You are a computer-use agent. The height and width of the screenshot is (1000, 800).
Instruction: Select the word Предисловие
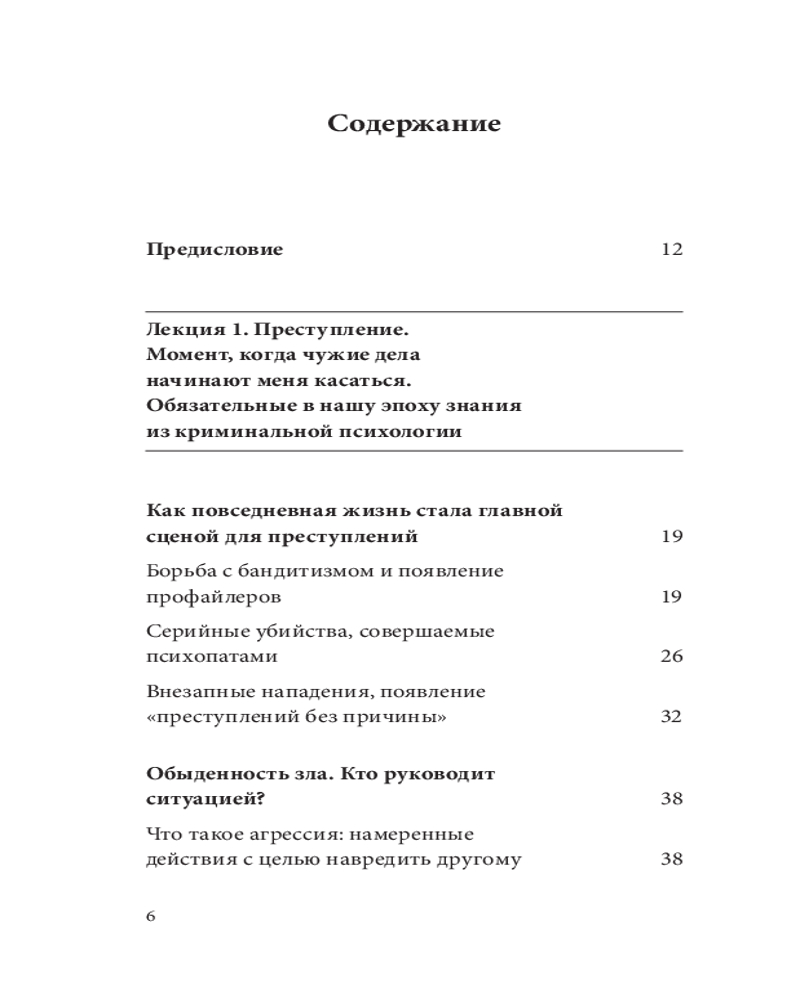point(214,250)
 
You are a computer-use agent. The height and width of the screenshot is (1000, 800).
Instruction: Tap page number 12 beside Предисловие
point(672,250)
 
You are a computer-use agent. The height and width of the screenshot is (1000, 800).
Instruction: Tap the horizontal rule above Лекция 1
point(414,312)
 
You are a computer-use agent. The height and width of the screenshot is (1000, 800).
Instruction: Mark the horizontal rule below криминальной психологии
point(414,450)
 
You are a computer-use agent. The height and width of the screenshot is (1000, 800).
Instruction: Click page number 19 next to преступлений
point(672,537)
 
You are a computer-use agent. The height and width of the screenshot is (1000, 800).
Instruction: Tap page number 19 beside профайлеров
point(672,597)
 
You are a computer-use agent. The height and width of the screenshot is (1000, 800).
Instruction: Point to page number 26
point(672,657)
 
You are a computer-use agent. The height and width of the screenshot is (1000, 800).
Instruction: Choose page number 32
point(672,717)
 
